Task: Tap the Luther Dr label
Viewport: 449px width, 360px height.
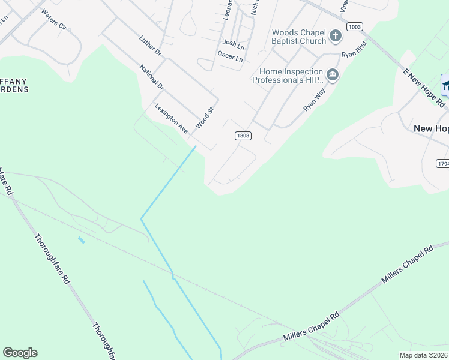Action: [x=150, y=47]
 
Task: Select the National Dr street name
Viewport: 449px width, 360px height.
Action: [x=152, y=77]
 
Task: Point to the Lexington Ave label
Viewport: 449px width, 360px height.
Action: [x=172, y=118]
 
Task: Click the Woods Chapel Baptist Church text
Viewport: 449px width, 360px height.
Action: [x=298, y=37]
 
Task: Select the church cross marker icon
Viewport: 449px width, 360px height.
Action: [x=336, y=37]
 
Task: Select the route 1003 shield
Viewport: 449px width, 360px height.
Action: [x=355, y=27]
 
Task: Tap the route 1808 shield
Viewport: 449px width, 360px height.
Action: [x=243, y=136]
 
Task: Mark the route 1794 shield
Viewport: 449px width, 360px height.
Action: [x=443, y=163]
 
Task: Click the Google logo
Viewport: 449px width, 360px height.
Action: [x=20, y=353]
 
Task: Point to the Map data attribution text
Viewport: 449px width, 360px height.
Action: [x=424, y=355]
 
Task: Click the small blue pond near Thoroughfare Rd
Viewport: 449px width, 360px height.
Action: [x=81, y=240]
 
